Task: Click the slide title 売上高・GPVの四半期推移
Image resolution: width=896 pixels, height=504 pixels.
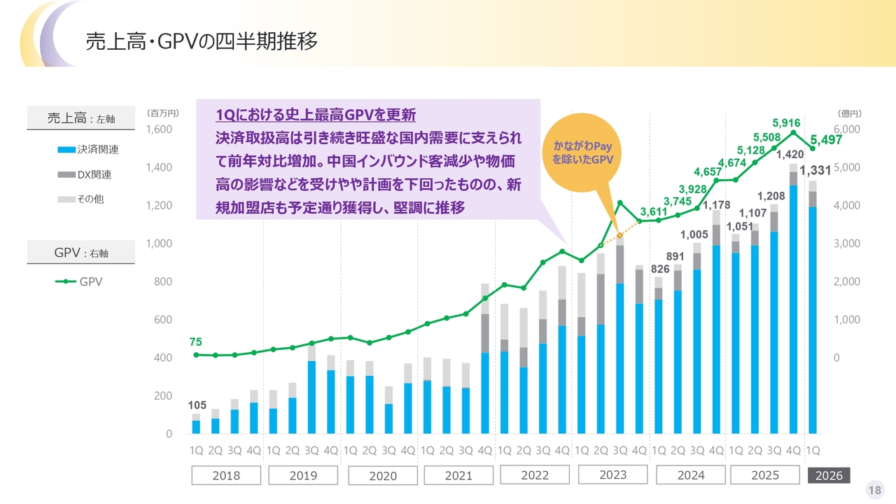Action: point(202,41)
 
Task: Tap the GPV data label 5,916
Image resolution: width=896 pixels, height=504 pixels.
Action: point(786,122)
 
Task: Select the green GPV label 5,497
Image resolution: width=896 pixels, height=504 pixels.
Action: point(826,140)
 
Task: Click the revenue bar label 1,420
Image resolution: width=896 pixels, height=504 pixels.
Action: point(790,155)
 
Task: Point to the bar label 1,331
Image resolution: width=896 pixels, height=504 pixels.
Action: point(815,170)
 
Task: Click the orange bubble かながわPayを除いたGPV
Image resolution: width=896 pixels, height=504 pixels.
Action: point(582,153)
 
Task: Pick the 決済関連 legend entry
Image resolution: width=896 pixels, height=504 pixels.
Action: point(88,150)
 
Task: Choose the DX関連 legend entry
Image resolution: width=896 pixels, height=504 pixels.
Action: point(85,174)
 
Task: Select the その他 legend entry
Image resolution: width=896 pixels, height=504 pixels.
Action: point(80,199)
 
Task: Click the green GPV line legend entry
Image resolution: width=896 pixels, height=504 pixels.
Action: point(79,281)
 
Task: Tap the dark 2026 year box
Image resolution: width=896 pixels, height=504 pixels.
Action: point(829,475)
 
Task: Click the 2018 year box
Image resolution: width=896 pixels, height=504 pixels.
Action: point(226,475)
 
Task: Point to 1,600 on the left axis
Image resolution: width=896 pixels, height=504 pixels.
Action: point(159,129)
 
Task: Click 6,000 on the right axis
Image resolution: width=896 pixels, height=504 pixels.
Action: point(847,129)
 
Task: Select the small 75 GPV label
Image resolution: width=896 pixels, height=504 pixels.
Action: point(195,342)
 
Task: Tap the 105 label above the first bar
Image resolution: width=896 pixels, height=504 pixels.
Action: point(197,405)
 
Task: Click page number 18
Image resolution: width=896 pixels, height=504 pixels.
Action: point(875,490)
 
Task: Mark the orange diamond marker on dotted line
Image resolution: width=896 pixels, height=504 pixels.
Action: point(620,236)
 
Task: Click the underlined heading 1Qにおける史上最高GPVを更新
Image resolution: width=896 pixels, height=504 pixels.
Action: point(316,115)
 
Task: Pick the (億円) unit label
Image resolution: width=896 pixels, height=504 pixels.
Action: point(850,113)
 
